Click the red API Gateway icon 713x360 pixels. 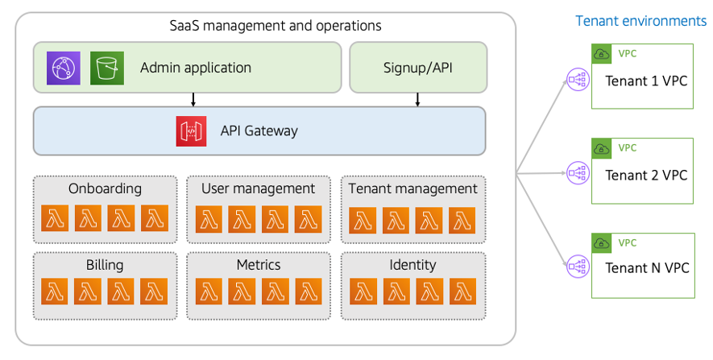click(191, 131)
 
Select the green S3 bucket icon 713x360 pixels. click(106, 67)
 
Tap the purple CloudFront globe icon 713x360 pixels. click(62, 67)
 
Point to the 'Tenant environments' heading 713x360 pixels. click(640, 21)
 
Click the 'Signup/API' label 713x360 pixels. click(417, 68)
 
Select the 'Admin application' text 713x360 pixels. click(195, 68)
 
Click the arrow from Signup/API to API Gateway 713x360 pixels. click(417, 99)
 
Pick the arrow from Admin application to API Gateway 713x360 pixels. click(193, 99)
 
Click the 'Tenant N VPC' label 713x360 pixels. click(647, 268)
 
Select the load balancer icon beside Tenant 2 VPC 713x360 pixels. click(577, 172)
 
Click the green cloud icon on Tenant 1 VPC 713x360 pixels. click(602, 54)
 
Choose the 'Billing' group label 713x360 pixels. click(104, 265)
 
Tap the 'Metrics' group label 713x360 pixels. click(259, 265)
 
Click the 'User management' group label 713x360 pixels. click(258, 188)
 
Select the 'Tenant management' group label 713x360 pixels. click(412, 188)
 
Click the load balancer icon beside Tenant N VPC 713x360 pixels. click(577, 266)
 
